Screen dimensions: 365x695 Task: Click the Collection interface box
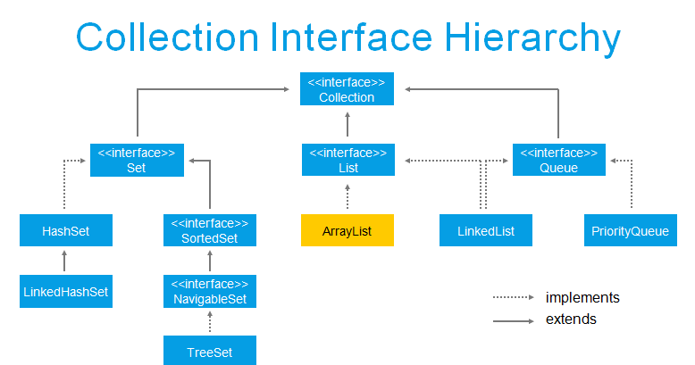click(x=347, y=89)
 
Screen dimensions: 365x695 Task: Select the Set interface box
click(x=136, y=159)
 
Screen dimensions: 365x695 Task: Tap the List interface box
click(x=347, y=159)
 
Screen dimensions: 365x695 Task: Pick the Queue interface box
click(x=559, y=159)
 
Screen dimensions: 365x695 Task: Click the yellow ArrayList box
click(x=347, y=230)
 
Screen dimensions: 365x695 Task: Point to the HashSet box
click(x=65, y=230)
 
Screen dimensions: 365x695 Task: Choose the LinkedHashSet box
click(x=66, y=291)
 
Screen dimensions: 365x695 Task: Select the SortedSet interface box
click(x=209, y=230)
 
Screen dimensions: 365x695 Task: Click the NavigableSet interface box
click(x=209, y=291)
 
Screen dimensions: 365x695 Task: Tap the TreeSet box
click(x=209, y=351)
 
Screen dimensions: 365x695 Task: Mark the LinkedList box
click(x=486, y=230)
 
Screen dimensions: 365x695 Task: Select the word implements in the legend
click(x=582, y=297)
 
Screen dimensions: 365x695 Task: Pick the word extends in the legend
click(x=571, y=319)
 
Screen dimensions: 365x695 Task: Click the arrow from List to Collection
click(x=347, y=124)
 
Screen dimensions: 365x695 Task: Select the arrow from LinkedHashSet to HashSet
click(x=65, y=261)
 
